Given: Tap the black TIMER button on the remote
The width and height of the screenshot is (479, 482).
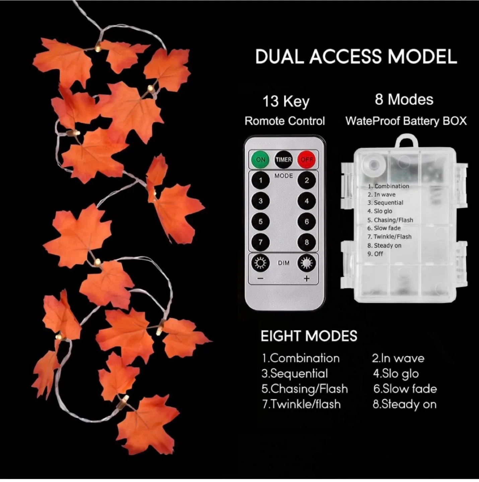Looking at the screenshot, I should pyautogui.click(x=283, y=160).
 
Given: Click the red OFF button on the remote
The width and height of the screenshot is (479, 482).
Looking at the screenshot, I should pyautogui.click(x=306, y=160).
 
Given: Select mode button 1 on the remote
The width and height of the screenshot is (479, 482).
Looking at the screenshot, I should pyautogui.click(x=261, y=180).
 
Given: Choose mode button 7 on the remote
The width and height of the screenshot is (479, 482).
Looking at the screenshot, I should pyautogui.click(x=261, y=242).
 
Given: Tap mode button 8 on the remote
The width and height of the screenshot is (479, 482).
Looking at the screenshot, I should pyautogui.click(x=306, y=242).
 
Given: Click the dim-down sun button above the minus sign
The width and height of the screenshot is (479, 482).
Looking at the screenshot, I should pyautogui.click(x=261, y=263).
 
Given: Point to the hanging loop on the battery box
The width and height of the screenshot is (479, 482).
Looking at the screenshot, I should pyautogui.click(x=407, y=141).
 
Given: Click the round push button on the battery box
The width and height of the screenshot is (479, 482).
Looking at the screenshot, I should pyautogui.click(x=373, y=165).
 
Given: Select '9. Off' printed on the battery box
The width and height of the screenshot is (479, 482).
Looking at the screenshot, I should pyautogui.click(x=375, y=254).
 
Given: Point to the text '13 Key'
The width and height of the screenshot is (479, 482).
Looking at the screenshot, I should pyautogui.click(x=286, y=101).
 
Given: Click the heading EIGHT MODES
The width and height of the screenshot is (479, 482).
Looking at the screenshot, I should pyautogui.click(x=309, y=336).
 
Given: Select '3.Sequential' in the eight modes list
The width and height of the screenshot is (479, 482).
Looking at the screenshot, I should pyautogui.click(x=294, y=374).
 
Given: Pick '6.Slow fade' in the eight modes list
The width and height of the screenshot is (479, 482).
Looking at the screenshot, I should pyautogui.click(x=405, y=389).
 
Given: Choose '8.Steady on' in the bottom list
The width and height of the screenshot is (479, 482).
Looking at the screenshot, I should pyautogui.click(x=405, y=404).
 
